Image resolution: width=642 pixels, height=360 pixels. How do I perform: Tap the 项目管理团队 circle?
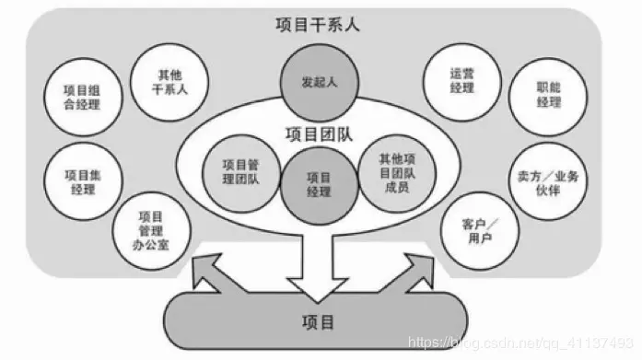pos(240,171)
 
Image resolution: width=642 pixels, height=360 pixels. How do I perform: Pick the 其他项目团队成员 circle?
pos(396,171)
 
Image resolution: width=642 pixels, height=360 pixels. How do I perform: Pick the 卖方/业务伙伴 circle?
pos(551,175)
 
